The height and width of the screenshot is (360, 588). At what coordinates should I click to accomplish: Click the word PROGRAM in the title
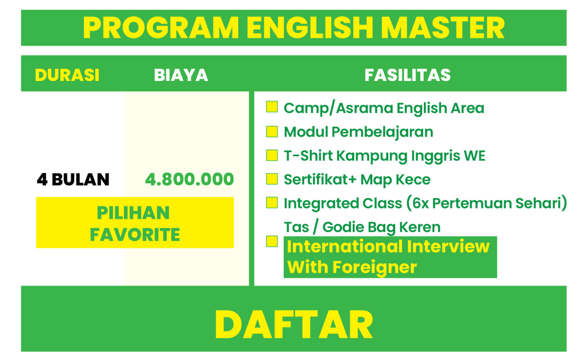tap(161, 28)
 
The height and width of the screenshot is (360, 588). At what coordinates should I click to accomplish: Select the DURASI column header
tap(67, 75)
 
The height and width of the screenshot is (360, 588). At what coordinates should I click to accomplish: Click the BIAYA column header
tap(181, 75)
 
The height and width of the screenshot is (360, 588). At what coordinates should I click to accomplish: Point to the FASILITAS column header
tap(408, 75)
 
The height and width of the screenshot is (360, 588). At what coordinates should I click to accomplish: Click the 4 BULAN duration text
tap(73, 180)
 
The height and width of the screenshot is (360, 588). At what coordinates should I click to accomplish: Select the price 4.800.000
tap(189, 179)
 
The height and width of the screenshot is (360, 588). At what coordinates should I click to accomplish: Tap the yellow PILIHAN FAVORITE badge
tap(135, 222)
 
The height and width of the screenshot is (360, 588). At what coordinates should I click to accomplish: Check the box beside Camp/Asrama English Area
tap(272, 107)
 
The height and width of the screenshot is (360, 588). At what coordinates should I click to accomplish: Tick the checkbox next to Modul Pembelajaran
tap(272, 131)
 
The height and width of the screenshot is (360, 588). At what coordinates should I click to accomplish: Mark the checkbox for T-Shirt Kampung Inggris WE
tap(272, 155)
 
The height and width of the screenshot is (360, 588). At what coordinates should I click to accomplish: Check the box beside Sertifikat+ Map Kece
tap(272, 179)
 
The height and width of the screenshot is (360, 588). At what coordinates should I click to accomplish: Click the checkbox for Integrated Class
tap(272, 203)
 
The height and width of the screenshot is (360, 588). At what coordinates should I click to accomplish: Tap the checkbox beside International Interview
tap(272, 241)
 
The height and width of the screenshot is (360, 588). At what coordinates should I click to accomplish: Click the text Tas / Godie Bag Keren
tap(362, 227)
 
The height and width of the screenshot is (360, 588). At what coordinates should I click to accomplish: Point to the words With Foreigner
tap(352, 268)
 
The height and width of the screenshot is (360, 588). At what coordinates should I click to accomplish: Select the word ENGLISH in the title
tap(310, 28)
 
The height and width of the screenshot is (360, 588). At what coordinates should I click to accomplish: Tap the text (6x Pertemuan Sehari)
tap(486, 203)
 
